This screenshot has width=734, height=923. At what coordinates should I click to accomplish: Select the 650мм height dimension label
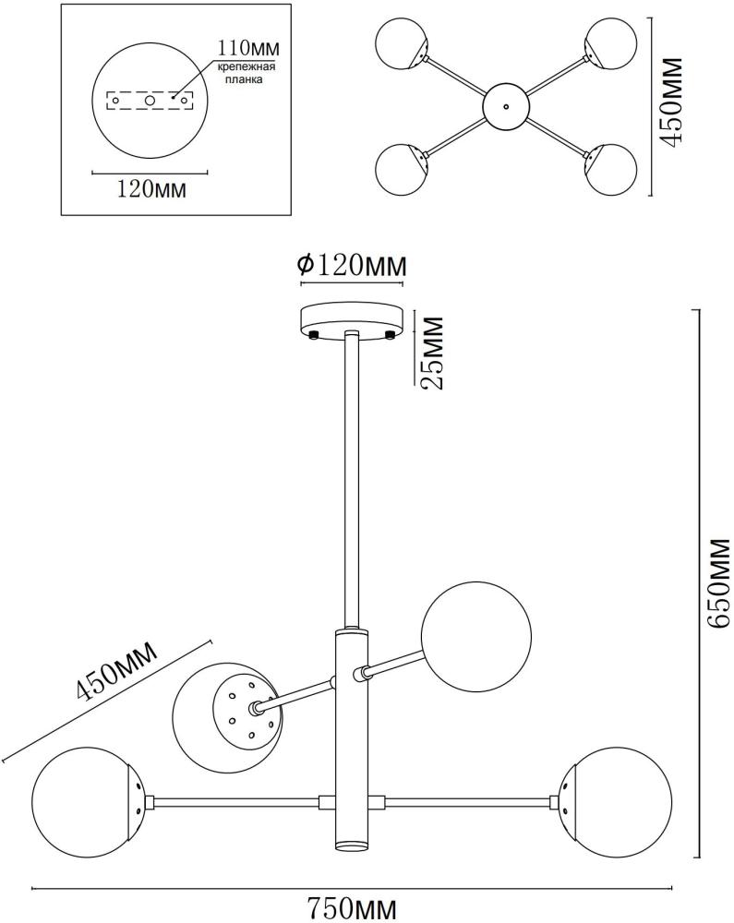716,584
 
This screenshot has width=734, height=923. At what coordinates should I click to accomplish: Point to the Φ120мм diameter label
352,266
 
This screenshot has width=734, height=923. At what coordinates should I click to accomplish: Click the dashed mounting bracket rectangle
149,99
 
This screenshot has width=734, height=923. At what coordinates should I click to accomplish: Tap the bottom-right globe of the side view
610,800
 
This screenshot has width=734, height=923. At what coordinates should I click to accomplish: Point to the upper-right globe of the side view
476,636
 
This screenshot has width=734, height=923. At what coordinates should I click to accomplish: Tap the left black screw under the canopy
314,333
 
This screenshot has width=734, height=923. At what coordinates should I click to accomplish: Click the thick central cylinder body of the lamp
352,738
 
